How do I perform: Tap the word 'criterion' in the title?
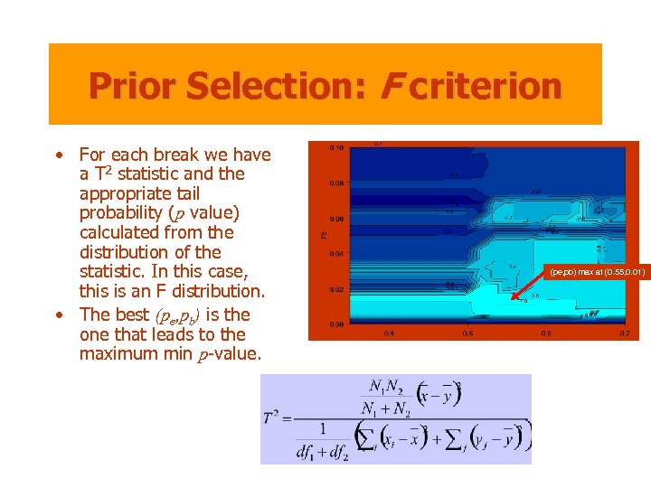point(485,86)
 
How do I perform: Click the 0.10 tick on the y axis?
point(335,147)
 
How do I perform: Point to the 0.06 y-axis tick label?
point(335,218)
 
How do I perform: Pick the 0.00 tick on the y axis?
point(335,324)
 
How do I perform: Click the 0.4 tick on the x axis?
point(389,333)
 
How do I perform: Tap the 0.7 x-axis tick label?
point(624,333)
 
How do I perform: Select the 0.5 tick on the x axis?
point(467,333)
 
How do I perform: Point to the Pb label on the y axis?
point(324,235)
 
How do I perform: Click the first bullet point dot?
point(58,155)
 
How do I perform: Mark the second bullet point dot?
point(58,314)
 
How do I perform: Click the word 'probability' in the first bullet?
point(118,213)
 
